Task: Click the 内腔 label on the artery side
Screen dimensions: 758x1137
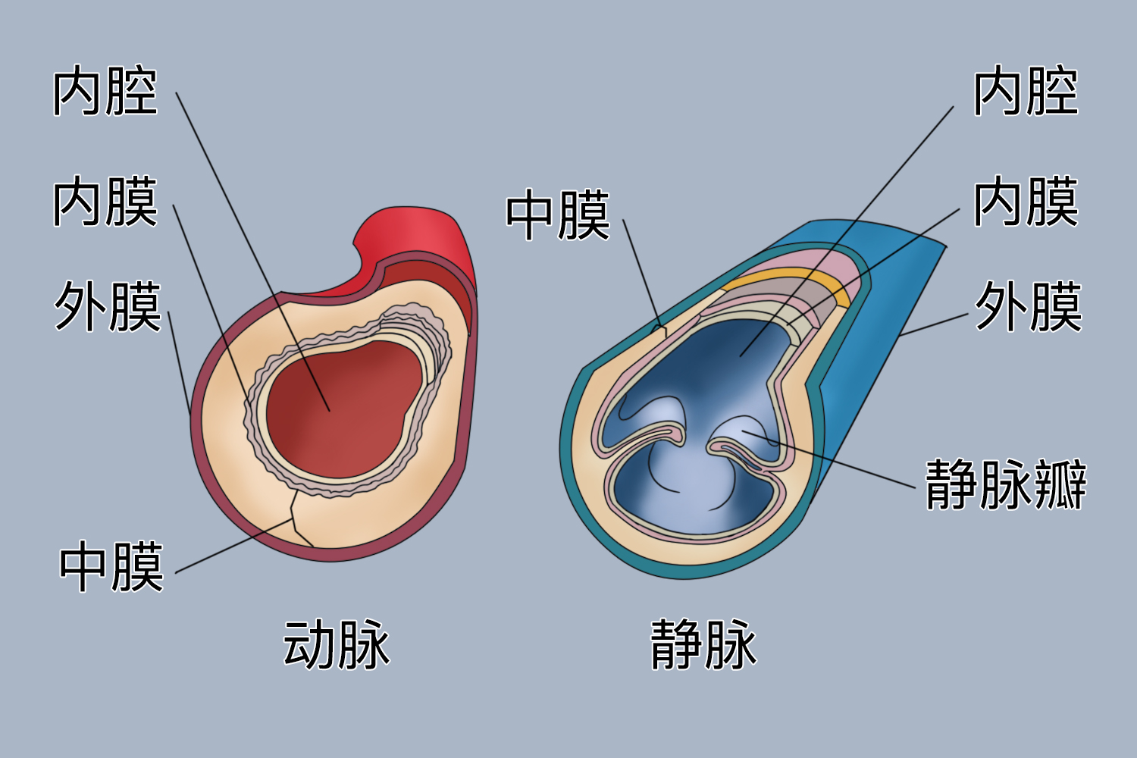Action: [x=105, y=92]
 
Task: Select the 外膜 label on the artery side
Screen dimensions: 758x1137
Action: [x=108, y=307]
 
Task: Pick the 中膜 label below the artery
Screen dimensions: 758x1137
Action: [x=111, y=567]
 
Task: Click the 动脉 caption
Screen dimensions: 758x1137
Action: [x=337, y=645]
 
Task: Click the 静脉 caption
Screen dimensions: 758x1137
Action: [x=703, y=645]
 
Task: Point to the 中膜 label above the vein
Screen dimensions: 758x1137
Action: [x=558, y=216]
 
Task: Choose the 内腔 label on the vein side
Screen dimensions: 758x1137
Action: [x=1026, y=92]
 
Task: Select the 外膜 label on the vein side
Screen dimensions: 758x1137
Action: [x=1028, y=307]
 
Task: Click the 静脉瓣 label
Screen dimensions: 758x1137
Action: [x=1006, y=484]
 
